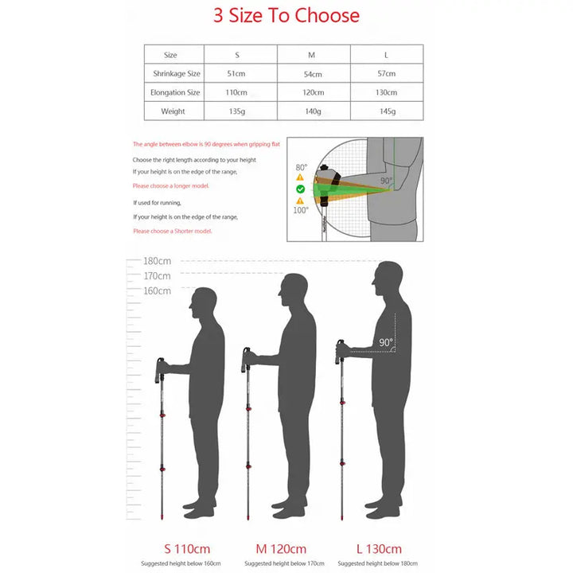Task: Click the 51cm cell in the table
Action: point(236,73)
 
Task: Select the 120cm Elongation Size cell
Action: point(314,92)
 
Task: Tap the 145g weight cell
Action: point(388,111)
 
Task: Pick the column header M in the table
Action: point(311,55)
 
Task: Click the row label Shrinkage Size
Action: point(177,73)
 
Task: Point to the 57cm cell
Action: point(387,73)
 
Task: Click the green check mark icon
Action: point(300,189)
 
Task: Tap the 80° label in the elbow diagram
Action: point(302,167)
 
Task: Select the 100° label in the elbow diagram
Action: point(301,210)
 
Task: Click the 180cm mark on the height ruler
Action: point(157,261)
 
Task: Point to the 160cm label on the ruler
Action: point(157,291)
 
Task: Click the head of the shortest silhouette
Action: point(203,300)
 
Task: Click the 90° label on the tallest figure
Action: point(386,342)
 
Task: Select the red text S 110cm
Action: point(187,549)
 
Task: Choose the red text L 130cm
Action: point(379,549)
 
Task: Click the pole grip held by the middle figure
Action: point(247,360)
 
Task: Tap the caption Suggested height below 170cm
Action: point(284,563)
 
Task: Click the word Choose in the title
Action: point(327,15)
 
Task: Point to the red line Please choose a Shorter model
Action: point(173,231)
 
